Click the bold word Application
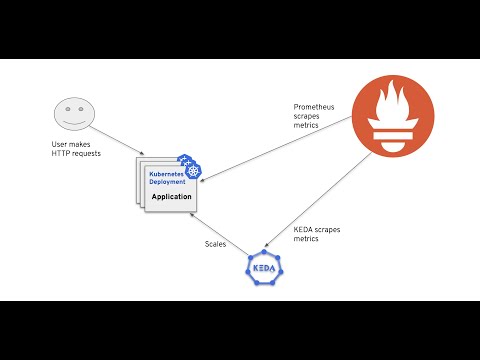pyautogui.click(x=171, y=197)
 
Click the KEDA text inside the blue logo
pyautogui.click(x=264, y=269)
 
